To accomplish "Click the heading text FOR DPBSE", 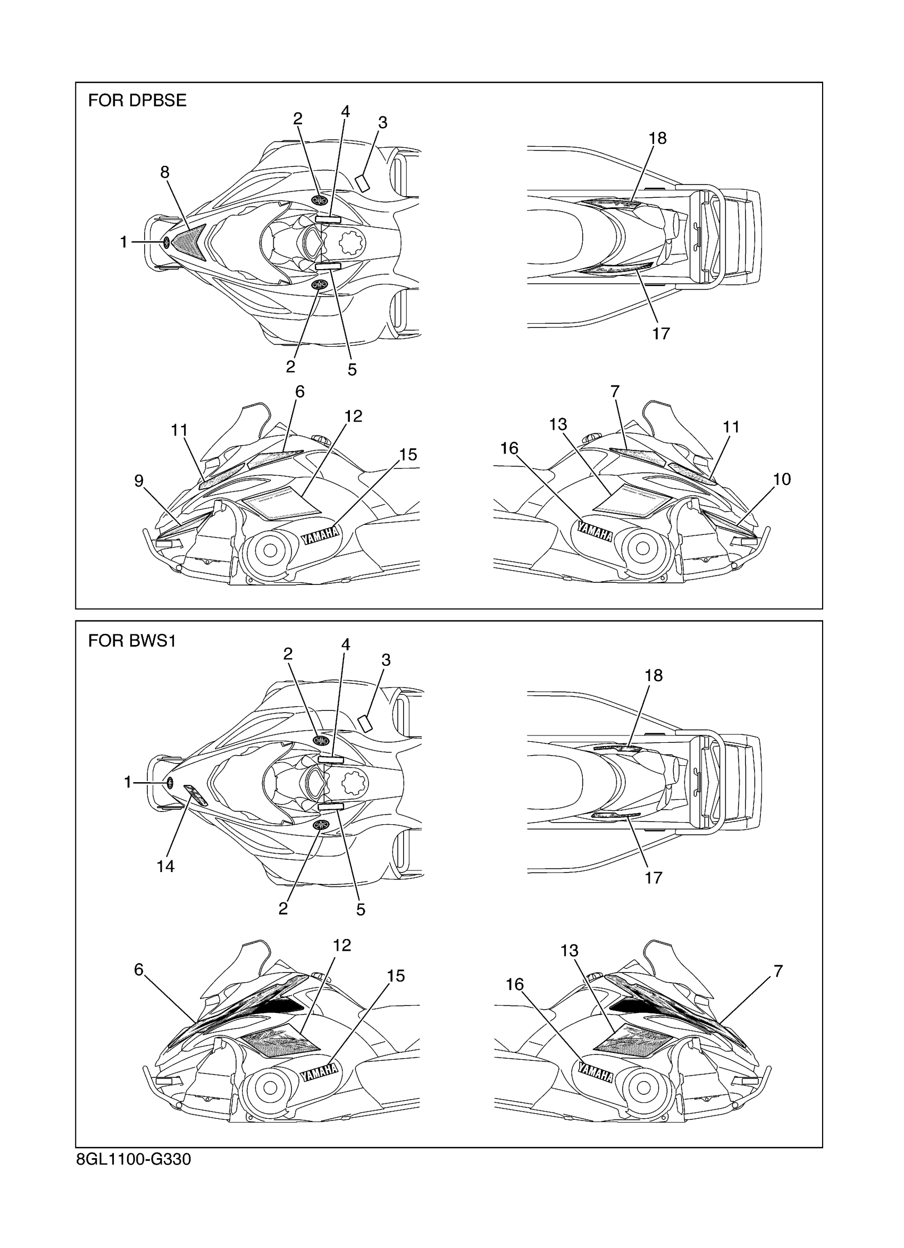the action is (x=137, y=100).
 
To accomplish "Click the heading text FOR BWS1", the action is (x=132, y=641).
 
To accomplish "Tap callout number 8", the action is (x=164, y=173).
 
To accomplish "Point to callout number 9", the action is (x=139, y=481).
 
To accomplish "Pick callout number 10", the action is (x=781, y=479).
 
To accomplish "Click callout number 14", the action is (x=165, y=867).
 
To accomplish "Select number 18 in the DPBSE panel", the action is (x=657, y=138).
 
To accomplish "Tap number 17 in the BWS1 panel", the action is (x=653, y=877).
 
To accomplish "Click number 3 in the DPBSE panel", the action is (x=383, y=123).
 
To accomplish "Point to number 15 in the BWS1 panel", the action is (x=396, y=976).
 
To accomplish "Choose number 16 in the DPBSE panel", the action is (x=509, y=448).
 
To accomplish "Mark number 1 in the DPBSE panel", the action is (x=124, y=242).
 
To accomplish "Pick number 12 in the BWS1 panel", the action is (x=342, y=945).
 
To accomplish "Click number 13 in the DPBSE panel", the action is (x=558, y=424).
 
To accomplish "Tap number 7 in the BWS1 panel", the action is (x=778, y=971).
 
